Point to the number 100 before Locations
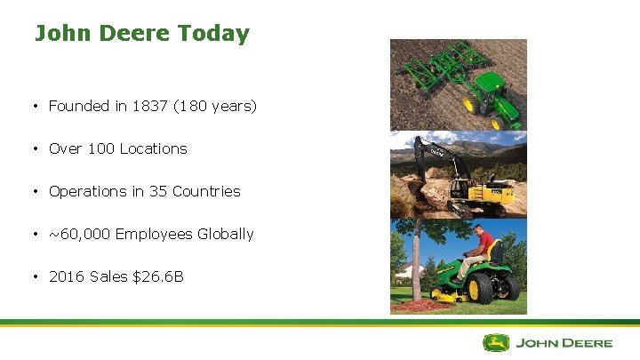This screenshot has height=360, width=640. point(100,148)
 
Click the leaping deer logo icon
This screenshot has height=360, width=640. point(496,342)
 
